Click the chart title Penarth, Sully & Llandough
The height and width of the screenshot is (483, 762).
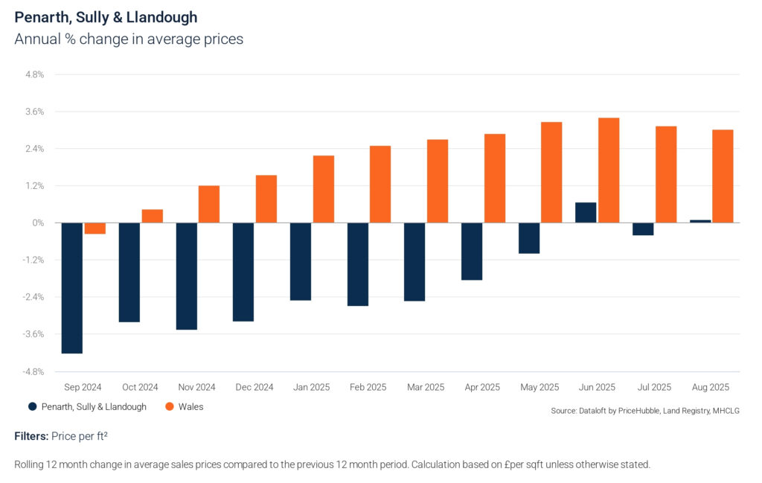point(106,16)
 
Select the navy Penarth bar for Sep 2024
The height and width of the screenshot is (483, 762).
point(71,288)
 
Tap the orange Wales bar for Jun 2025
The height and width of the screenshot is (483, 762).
point(609,170)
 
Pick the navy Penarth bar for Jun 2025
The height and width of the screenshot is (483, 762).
point(586,213)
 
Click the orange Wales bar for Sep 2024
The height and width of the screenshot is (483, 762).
point(95,228)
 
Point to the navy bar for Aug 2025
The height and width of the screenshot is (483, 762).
point(700,221)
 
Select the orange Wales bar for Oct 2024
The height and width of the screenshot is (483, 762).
point(152,216)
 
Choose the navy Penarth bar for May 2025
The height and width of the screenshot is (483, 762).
point(529,238)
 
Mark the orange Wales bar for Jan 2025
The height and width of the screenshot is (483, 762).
point(324,189)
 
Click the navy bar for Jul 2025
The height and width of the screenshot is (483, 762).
point(643,229)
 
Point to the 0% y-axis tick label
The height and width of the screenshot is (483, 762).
point(38,223)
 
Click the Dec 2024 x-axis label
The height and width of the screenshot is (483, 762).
point(254,388)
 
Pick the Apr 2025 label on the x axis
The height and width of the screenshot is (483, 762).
point(482,388)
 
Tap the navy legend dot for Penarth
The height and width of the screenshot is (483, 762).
point(32,407)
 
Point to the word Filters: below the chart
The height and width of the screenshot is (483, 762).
point(33,435)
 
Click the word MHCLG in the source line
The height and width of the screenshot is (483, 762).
point(725,411)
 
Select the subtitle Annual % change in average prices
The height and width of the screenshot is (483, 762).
point(129,39)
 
